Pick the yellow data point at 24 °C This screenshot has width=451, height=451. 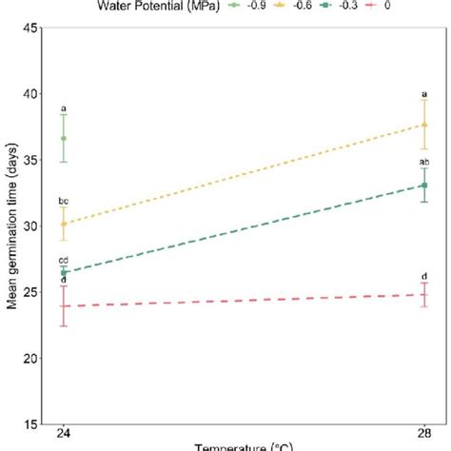(x=64, y=224)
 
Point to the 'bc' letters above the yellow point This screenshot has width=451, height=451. (x=64, y=202)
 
